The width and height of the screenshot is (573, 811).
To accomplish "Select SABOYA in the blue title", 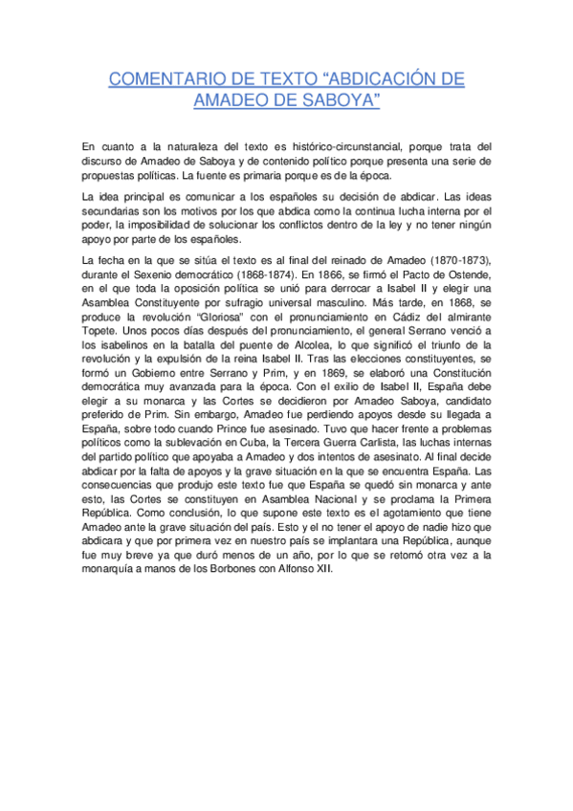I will coord(341,100).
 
